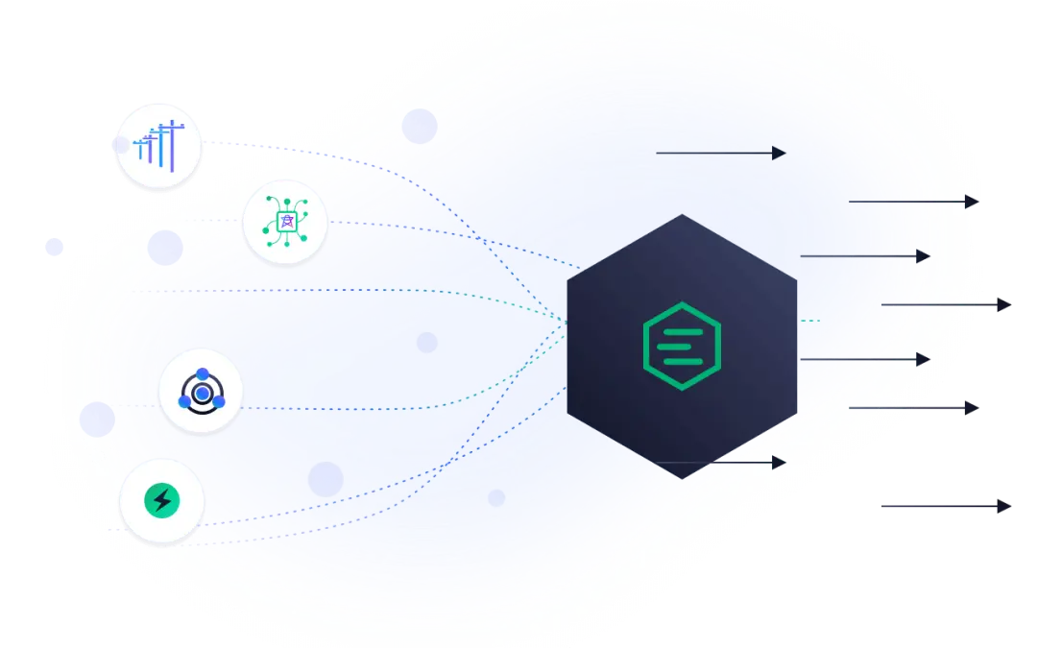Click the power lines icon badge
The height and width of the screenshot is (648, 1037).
[x=158, y=147]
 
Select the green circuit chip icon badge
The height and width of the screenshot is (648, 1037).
[x=284, y=223]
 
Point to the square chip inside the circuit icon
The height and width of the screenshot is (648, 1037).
[x=284, y=223]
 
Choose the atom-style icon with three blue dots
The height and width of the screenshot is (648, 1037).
[x=201, y=393]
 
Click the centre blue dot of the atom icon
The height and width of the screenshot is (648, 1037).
[x=201, y=394]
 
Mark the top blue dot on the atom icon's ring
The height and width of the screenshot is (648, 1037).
[x=202, y=374]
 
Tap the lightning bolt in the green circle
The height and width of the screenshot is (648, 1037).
[x=161, y=500]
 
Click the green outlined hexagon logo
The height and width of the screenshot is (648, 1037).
[x=682, y=347]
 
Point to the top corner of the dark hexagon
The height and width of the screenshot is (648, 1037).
[x=682, y=215]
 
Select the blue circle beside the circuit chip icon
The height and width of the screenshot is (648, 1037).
[x=165, y=248]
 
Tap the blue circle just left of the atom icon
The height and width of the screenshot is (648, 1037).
[x=97, y=420]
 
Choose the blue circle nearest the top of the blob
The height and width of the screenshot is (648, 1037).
[x=420, y=126]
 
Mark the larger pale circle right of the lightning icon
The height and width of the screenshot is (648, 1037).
[x=326, y=479]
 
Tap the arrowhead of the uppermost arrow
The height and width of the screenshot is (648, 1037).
[x=779, y=153]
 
